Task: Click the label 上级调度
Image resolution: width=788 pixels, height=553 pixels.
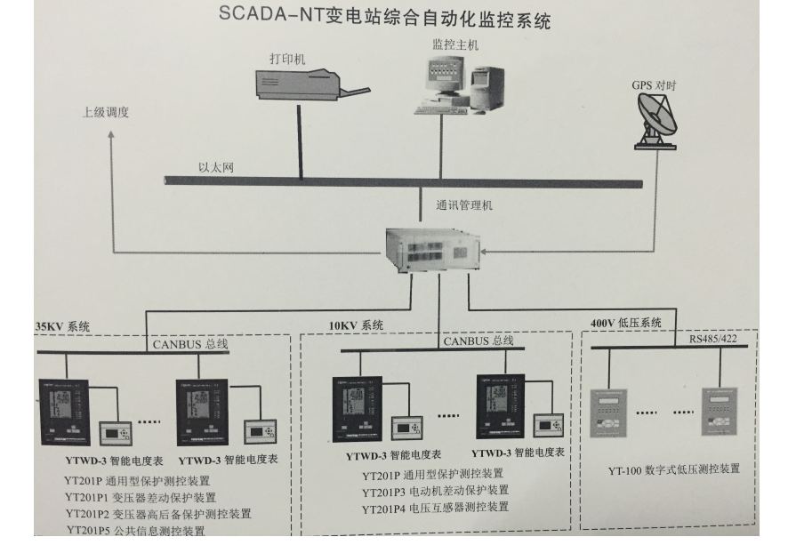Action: pos(106,113)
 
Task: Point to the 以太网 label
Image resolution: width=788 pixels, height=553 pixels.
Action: pos(215,167)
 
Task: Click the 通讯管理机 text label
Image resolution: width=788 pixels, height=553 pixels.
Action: pos(463,206)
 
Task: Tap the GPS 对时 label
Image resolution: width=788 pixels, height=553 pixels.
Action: pos(654,85)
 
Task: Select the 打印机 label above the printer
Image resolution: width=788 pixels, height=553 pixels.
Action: pos(287,59)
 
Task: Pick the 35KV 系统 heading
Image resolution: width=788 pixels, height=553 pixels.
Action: pos(62,326)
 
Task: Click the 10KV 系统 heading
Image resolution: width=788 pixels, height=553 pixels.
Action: pos(356,326)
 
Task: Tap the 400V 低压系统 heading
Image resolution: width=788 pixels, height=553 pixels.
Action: pos(626,323)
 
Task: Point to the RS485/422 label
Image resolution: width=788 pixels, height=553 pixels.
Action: pos(713,338)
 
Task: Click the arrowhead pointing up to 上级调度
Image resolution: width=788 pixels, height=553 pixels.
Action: pos(111,135)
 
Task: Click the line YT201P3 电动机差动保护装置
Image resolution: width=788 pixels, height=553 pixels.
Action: pos(435,490)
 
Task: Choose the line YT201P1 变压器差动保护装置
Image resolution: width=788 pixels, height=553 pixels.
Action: pos(141,497)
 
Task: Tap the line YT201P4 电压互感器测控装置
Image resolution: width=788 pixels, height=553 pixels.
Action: pos(435,508)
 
